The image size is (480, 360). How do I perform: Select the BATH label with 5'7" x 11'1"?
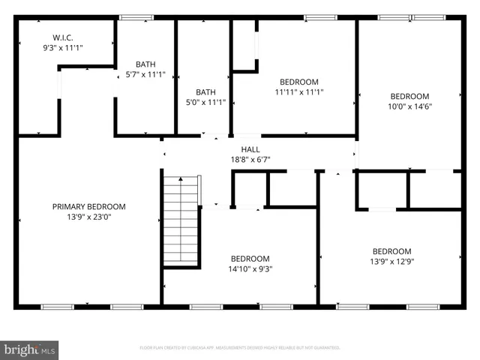pos(145,64)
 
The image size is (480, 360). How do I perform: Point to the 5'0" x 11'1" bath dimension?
pos(205,103)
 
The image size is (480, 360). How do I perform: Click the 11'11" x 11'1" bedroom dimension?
pos(298,93)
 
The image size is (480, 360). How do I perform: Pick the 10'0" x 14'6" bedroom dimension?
pos(409,106)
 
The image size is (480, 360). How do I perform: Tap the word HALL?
pos(250,148)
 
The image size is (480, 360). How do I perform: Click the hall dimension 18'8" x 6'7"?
pos(250,159)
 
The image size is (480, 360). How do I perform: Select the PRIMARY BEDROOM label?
pos(88,206)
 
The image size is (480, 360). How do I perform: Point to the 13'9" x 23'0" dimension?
pos(88,217)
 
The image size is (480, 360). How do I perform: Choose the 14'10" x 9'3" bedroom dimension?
pos(250,269)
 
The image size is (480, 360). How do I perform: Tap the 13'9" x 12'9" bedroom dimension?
pos(391,262)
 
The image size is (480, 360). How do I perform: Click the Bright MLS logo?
pos(30,349)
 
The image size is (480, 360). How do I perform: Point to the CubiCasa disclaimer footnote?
pos(240,348)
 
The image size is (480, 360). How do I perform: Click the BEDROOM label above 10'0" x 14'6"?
pos(409,95)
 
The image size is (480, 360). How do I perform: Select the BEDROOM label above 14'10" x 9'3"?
pos(250,258)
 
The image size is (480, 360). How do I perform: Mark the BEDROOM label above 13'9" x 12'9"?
pos(391,250)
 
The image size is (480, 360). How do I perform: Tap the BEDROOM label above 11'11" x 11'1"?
pos(298,82)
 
